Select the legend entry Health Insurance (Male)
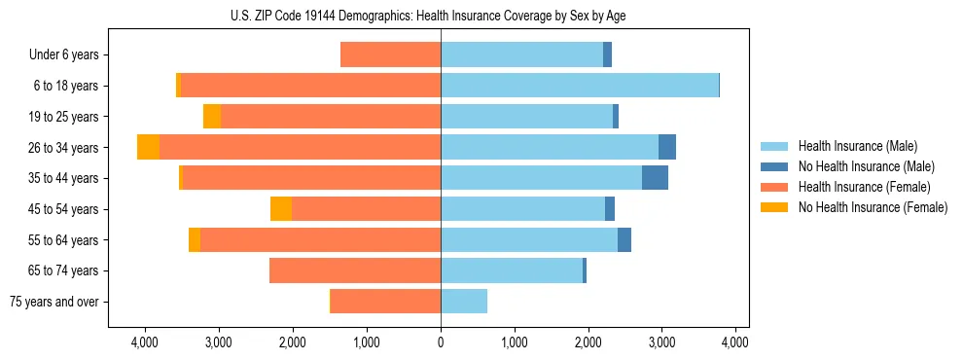click(x=851, y=147)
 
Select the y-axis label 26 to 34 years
click(x=64, y=148)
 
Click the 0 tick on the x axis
click(x=441, y=342)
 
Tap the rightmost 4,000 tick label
click(x=735, y=342)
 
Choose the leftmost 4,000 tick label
click(x=145, y=342)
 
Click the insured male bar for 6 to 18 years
click(x=580, y=86)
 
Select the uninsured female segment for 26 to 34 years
click(x=148, y=147)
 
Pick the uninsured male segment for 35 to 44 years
click(x=655, y=178)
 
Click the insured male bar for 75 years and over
click(x=464, y=302)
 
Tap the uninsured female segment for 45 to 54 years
click(x=281, y=209)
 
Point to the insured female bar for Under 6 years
click(x=390, y=55)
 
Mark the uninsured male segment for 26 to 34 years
click(x=667, y=147)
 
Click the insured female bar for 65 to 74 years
click(x=355, y=270)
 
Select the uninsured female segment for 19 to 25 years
click(x=212, y=117)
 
